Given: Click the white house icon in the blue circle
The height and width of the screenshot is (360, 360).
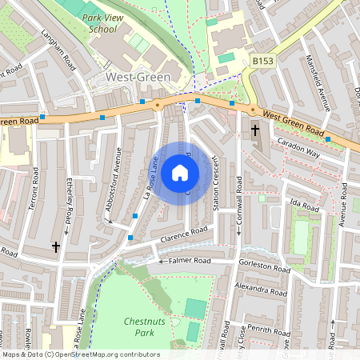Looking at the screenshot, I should point(179,172).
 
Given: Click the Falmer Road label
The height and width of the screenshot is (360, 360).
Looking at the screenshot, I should point(190,260).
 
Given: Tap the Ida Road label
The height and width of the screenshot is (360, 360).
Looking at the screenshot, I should point(302,205).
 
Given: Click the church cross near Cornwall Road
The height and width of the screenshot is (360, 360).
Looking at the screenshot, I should point(255,130).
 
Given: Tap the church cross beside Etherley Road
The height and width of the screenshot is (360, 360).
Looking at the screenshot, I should point(56,248).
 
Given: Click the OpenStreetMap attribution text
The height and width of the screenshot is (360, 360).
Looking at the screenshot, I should point(80,354).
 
